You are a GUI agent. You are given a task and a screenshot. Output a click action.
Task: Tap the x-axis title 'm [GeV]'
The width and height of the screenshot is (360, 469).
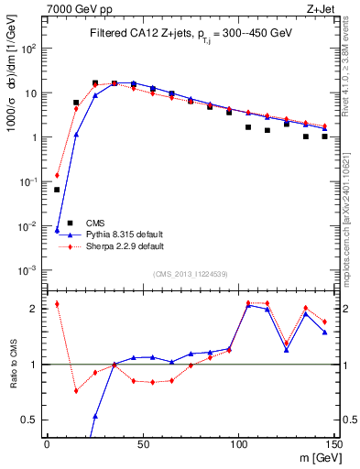317,456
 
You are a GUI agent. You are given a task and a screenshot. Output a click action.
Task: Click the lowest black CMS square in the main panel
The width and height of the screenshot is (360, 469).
57,190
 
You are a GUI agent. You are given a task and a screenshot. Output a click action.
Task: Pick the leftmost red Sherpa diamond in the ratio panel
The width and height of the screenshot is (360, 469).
57,304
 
